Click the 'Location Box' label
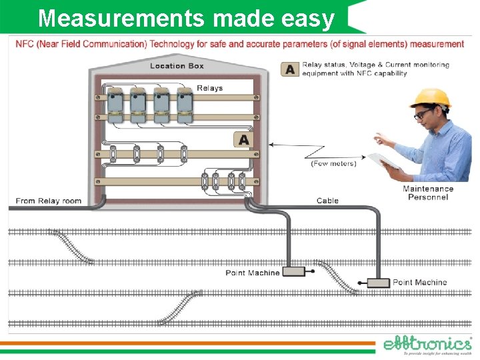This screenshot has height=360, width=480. [177, 65]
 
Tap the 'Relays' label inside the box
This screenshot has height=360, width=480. [209, 88]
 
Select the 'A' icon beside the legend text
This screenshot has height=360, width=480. [290, 69]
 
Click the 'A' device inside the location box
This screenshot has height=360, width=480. [243, 139]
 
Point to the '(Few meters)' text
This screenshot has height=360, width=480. [333, 163]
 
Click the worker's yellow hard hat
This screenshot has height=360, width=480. [429, 97]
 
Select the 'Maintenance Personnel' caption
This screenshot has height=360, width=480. [427, 193]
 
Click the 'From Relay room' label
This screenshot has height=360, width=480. [48, 201]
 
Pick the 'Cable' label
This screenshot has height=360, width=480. [327, 201]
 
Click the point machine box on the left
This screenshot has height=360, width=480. [293, 272]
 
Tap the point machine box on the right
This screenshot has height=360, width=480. [378, 283]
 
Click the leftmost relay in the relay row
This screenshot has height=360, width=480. [115, 103]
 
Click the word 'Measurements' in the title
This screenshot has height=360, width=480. [121, 19]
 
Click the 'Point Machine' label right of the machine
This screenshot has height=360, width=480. [419, 283]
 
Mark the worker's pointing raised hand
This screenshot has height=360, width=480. [381, 138]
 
